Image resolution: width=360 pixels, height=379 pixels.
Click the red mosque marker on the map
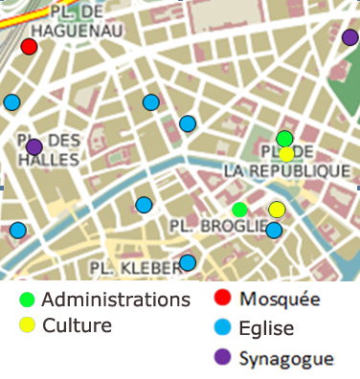[29, 47]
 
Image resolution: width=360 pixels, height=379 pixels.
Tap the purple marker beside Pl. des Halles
[34, 147]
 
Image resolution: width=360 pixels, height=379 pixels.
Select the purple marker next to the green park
[349, 37]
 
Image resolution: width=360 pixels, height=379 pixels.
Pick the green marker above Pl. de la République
[284, 139]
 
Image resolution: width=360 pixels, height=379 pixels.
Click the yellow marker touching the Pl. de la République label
[286, 153]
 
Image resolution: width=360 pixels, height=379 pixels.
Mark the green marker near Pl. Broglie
[239, 210]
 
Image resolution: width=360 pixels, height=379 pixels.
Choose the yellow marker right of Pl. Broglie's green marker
[277, 210]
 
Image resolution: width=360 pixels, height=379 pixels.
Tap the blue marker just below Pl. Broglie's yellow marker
[274, 230]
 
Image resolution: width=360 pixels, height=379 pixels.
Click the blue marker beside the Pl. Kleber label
[188, 262]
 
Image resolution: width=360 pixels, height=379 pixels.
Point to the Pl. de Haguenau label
[62, 21]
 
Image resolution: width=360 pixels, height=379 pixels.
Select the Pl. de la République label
[286, 162]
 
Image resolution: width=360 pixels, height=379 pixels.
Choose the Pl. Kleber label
[135, 266]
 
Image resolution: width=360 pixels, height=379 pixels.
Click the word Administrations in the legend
[116, 300]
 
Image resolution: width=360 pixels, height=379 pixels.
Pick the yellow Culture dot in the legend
[27, 325]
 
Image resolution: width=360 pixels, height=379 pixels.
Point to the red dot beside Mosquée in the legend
[222, 299]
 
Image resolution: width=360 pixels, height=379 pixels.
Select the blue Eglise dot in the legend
[222, 328]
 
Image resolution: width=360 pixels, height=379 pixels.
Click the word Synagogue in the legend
[286, 359]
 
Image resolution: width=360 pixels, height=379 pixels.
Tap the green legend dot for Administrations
[27, 300]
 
